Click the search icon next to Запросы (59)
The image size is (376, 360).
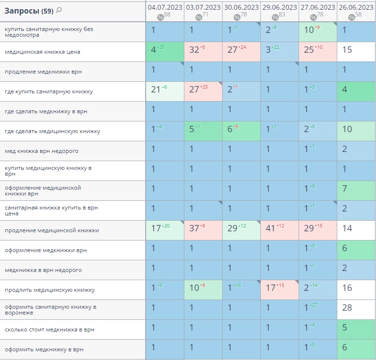59,10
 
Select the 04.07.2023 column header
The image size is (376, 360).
165,7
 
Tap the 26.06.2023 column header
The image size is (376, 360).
356,7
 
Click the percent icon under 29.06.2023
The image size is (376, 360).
275,17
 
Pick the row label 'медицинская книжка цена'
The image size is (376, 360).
43,52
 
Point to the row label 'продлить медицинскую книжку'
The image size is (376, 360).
50,290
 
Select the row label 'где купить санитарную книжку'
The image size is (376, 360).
49,91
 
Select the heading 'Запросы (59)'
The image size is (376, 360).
29,10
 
